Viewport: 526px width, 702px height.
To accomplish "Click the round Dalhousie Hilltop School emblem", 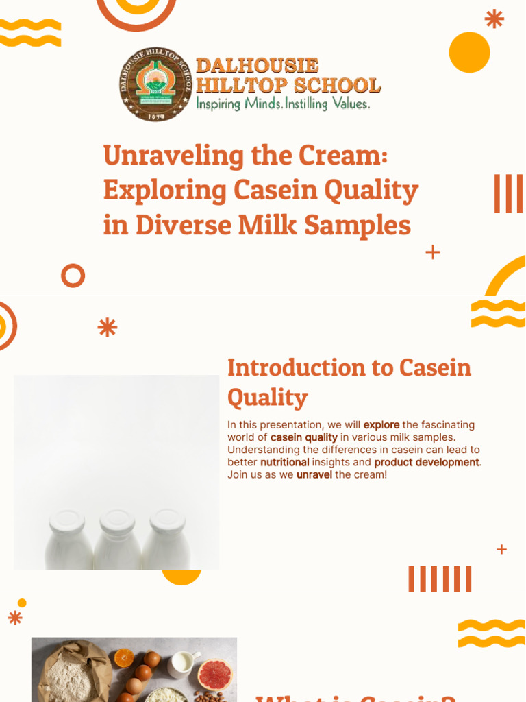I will pos(156,84).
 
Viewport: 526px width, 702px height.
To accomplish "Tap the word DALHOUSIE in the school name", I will pos(257,66).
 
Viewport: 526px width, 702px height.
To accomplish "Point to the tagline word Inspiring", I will pos(218,104).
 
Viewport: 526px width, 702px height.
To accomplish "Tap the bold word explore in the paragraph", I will pos(381,425).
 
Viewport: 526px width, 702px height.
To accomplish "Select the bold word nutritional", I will pos(284,462).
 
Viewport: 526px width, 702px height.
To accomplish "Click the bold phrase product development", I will pos(427,462).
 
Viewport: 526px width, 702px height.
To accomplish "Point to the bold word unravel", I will pos(314,474).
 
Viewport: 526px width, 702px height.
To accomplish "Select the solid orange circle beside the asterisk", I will pos(469,53).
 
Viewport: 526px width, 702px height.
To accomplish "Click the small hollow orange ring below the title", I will pos(73,276).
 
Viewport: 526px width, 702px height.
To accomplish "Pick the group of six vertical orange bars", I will pos(440,579).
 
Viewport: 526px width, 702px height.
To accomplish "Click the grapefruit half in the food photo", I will pos(214,675).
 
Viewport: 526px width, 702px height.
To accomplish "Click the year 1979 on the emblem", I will pos(156,116).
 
